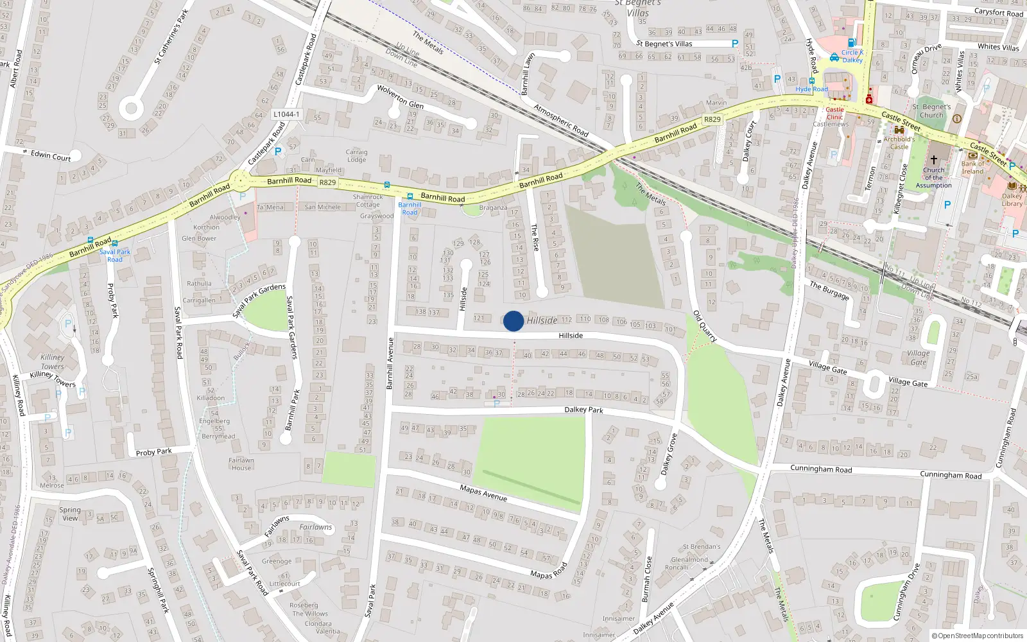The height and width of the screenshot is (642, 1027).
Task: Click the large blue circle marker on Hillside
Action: point(513,321)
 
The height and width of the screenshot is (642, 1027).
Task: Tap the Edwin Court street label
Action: point(51,156)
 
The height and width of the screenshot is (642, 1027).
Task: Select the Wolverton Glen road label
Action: point(400,96)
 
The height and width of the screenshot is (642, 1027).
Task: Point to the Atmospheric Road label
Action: point(561,120)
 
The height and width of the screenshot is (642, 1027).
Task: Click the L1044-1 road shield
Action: point(286,114)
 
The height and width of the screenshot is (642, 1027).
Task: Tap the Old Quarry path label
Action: point(705,326)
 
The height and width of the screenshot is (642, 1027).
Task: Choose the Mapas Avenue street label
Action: point(483,493)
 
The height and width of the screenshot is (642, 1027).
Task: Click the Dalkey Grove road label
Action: point(669,454)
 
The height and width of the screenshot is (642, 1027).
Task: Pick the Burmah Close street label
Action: point(646,579)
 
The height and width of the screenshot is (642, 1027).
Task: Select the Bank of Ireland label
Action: point(972,168)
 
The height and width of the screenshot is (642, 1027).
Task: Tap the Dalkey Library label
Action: point(1012,200)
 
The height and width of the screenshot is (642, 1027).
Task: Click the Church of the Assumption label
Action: point(933,178)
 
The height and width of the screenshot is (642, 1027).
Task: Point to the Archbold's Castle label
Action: point(899,143)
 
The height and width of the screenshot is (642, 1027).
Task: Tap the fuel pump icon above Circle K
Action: point(852,42)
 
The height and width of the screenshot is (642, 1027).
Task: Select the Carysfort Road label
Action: point(998,12)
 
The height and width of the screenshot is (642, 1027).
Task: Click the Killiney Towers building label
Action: point(53,361)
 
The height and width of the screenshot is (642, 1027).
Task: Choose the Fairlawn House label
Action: point(241,464)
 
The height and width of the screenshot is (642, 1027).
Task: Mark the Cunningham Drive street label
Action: point(906,592)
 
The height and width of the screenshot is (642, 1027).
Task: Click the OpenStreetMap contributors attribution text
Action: point(978,636)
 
